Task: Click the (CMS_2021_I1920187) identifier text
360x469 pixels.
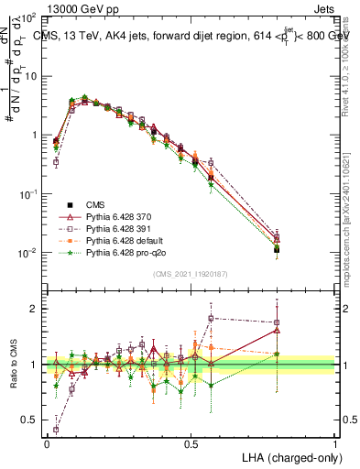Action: (x=191, y=273)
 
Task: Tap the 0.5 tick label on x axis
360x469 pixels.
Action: (x=191, y=444)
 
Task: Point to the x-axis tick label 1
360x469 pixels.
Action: (x=335, y=444)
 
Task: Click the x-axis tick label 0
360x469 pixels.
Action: (x=47, y=444)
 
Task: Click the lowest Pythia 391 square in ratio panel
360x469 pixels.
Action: (x=57, y=429)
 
